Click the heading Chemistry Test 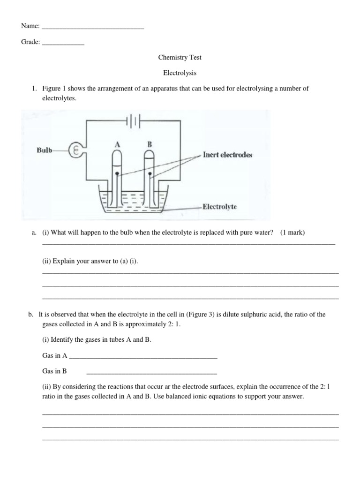pyautogui.click(x=180, y=58)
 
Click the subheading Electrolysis pyautogui.click(x=180, y=73)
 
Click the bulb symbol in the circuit pyautogui.click(x=75, y=150)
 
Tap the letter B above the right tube pyautogui.click(x=150, y=144)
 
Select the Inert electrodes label pyautogui.click(x=227, y=155)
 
